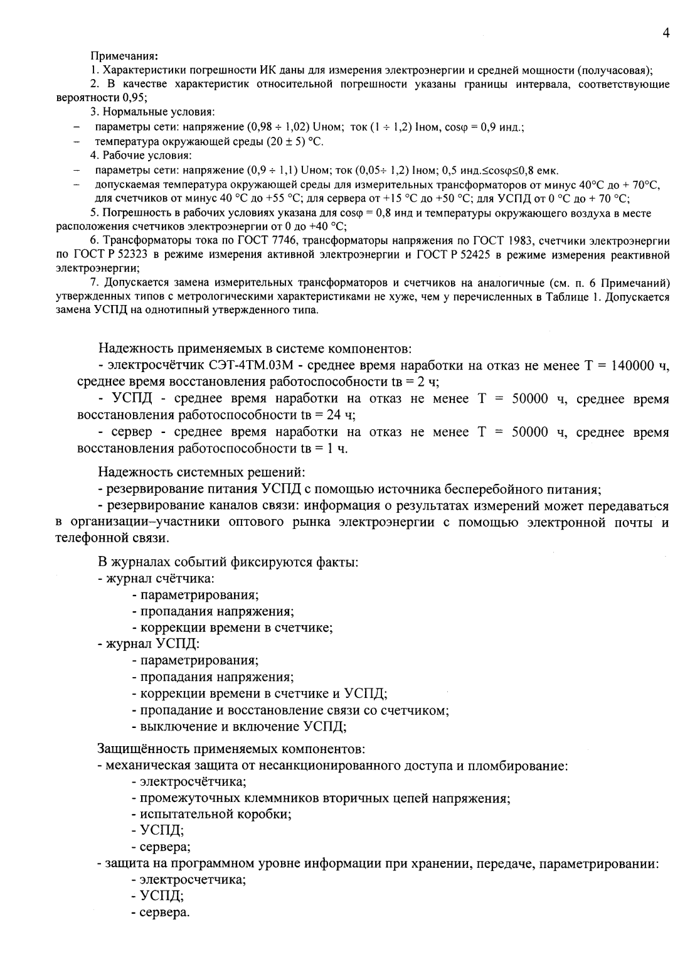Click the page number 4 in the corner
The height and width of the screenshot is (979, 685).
[x=666, y=33]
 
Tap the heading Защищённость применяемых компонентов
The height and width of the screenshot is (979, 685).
[x=231, y=749]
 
